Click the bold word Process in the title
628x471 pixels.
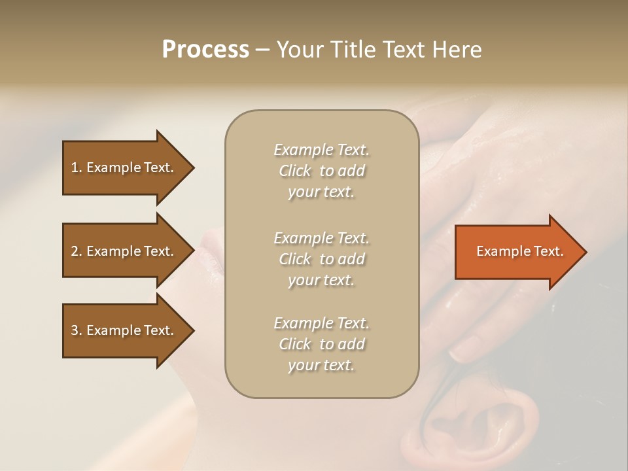click(205, 50)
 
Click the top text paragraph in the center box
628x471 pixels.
click(321, 171)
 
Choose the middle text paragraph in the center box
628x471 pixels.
click(321, 259)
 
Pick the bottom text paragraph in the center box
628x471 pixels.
click(321, 344)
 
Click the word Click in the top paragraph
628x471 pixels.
click(295, 171)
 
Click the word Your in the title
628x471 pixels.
click(300, 50)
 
